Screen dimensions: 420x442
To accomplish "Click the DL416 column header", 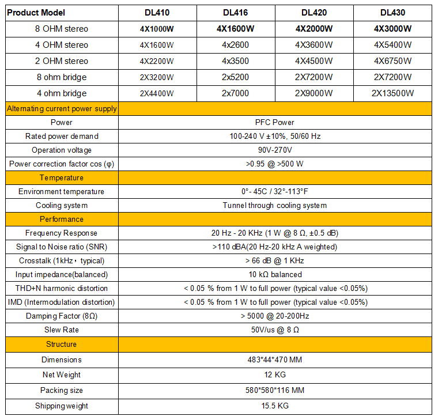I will pos(236,13).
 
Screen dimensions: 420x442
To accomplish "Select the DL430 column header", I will pos(392,13).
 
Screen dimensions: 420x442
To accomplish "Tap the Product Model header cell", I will pos(36,13).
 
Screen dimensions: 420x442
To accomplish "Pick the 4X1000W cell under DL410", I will pos(157,29).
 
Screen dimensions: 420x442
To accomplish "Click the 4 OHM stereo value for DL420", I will pos(314,45).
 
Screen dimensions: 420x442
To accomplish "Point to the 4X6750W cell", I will pos(392,61).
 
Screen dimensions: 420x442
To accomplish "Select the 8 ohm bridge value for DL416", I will pos(236,77).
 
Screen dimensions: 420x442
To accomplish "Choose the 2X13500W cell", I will pos(392,93).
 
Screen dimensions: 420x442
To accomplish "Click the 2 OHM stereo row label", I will pos(62,61).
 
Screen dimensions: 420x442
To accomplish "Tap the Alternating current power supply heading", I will pos(62,108).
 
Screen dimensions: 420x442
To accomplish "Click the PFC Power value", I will pos(275,122).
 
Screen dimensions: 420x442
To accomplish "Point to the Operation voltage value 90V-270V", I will pos(275,150).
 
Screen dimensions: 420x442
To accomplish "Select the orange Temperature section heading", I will pos(62,177).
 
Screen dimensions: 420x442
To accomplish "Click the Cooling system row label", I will pos(62,205).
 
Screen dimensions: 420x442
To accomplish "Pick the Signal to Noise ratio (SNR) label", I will pos(62,247).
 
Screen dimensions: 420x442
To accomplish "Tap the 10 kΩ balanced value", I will pos(275,274).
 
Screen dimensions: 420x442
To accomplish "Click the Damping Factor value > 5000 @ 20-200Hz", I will pos(275,316).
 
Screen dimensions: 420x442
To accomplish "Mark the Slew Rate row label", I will pos(62,330).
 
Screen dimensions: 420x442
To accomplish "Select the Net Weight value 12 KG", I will pos(275,375).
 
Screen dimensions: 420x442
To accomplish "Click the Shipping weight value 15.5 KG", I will pos(275,406).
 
